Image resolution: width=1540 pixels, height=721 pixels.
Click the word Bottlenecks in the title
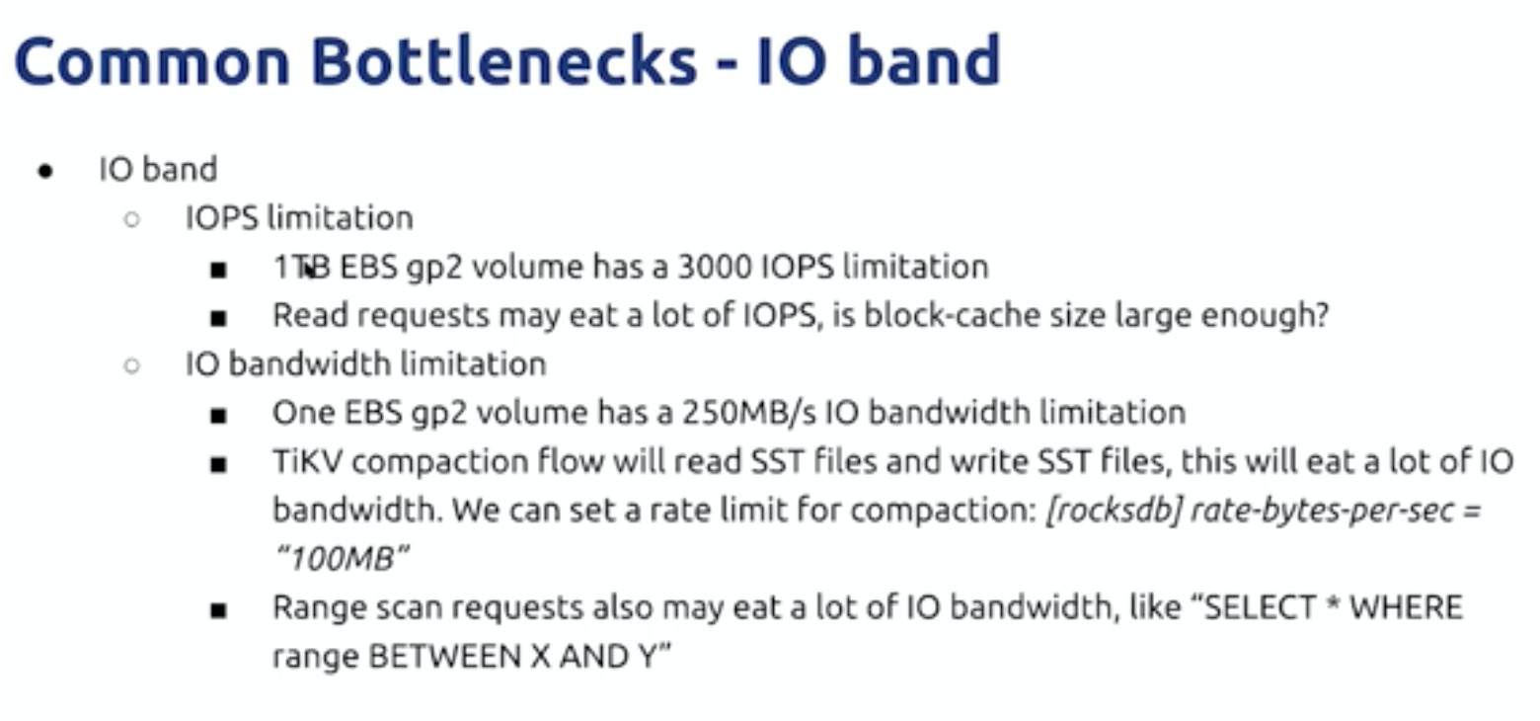pos(503,62)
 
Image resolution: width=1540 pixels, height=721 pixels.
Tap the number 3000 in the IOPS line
pos(715,267)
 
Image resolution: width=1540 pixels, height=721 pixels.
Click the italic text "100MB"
pos(342,559)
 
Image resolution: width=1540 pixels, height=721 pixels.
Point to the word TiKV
pos(307,461)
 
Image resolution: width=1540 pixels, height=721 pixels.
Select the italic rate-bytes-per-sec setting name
pos(1322,512)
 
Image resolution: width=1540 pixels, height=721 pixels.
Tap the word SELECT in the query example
pos(1261,607)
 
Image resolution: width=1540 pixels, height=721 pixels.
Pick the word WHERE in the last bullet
pos(1406,607)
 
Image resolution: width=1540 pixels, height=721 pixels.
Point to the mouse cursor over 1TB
pos(309,269)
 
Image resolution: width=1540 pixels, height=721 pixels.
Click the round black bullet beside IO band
pos(45,171)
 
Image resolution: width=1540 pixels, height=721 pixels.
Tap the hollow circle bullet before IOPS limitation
pos(132,219)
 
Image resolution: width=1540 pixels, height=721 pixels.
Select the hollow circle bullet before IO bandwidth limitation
pos(132,365)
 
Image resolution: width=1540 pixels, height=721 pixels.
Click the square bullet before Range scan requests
pos(218,610)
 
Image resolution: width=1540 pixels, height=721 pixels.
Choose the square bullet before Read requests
pos(218,319)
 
